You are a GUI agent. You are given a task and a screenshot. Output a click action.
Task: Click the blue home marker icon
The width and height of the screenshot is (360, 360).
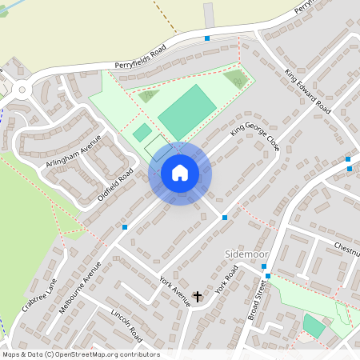[x=180, y=173]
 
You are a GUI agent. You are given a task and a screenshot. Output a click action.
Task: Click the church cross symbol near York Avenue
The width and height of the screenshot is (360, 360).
[x=198, y=297]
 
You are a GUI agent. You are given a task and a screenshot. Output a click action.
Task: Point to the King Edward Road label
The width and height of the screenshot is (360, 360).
[x=307, y=90]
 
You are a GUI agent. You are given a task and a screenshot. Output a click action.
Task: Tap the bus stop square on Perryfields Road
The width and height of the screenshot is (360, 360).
[x=207, y=38]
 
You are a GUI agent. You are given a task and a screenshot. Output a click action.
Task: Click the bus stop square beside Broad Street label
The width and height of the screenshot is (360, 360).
[x=266, y=277]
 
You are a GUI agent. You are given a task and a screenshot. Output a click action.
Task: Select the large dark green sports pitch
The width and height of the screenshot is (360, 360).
[x=186, y=112]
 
